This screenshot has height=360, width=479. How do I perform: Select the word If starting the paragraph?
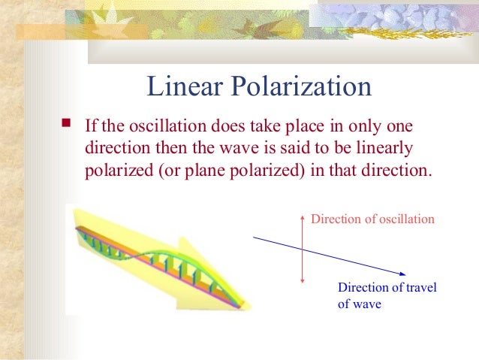pyautogui.click(x=90, y=126)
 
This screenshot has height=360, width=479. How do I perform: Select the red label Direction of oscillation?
pyautogui.click(x=372, y=219)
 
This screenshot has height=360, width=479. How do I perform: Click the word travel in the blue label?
pyautogui.click(x=419, y=288)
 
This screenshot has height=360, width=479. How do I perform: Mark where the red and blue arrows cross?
pyautogui.click(x=302, y=250)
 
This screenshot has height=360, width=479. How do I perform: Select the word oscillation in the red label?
pyautogui.click(x=406, y=219)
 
